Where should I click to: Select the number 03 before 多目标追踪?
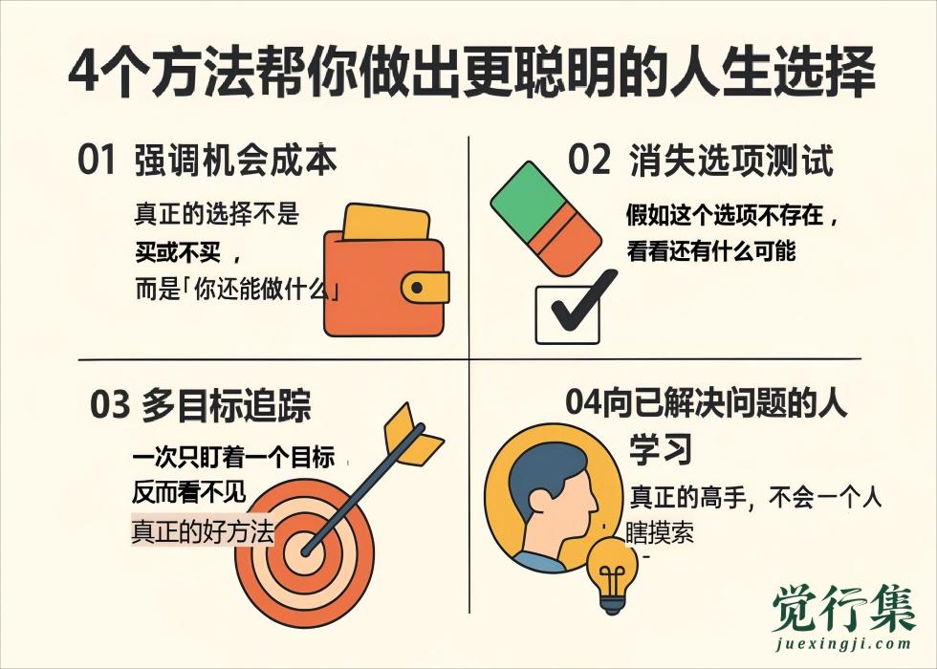110,406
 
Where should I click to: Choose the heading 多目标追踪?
226,406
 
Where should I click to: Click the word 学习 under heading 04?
660,449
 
